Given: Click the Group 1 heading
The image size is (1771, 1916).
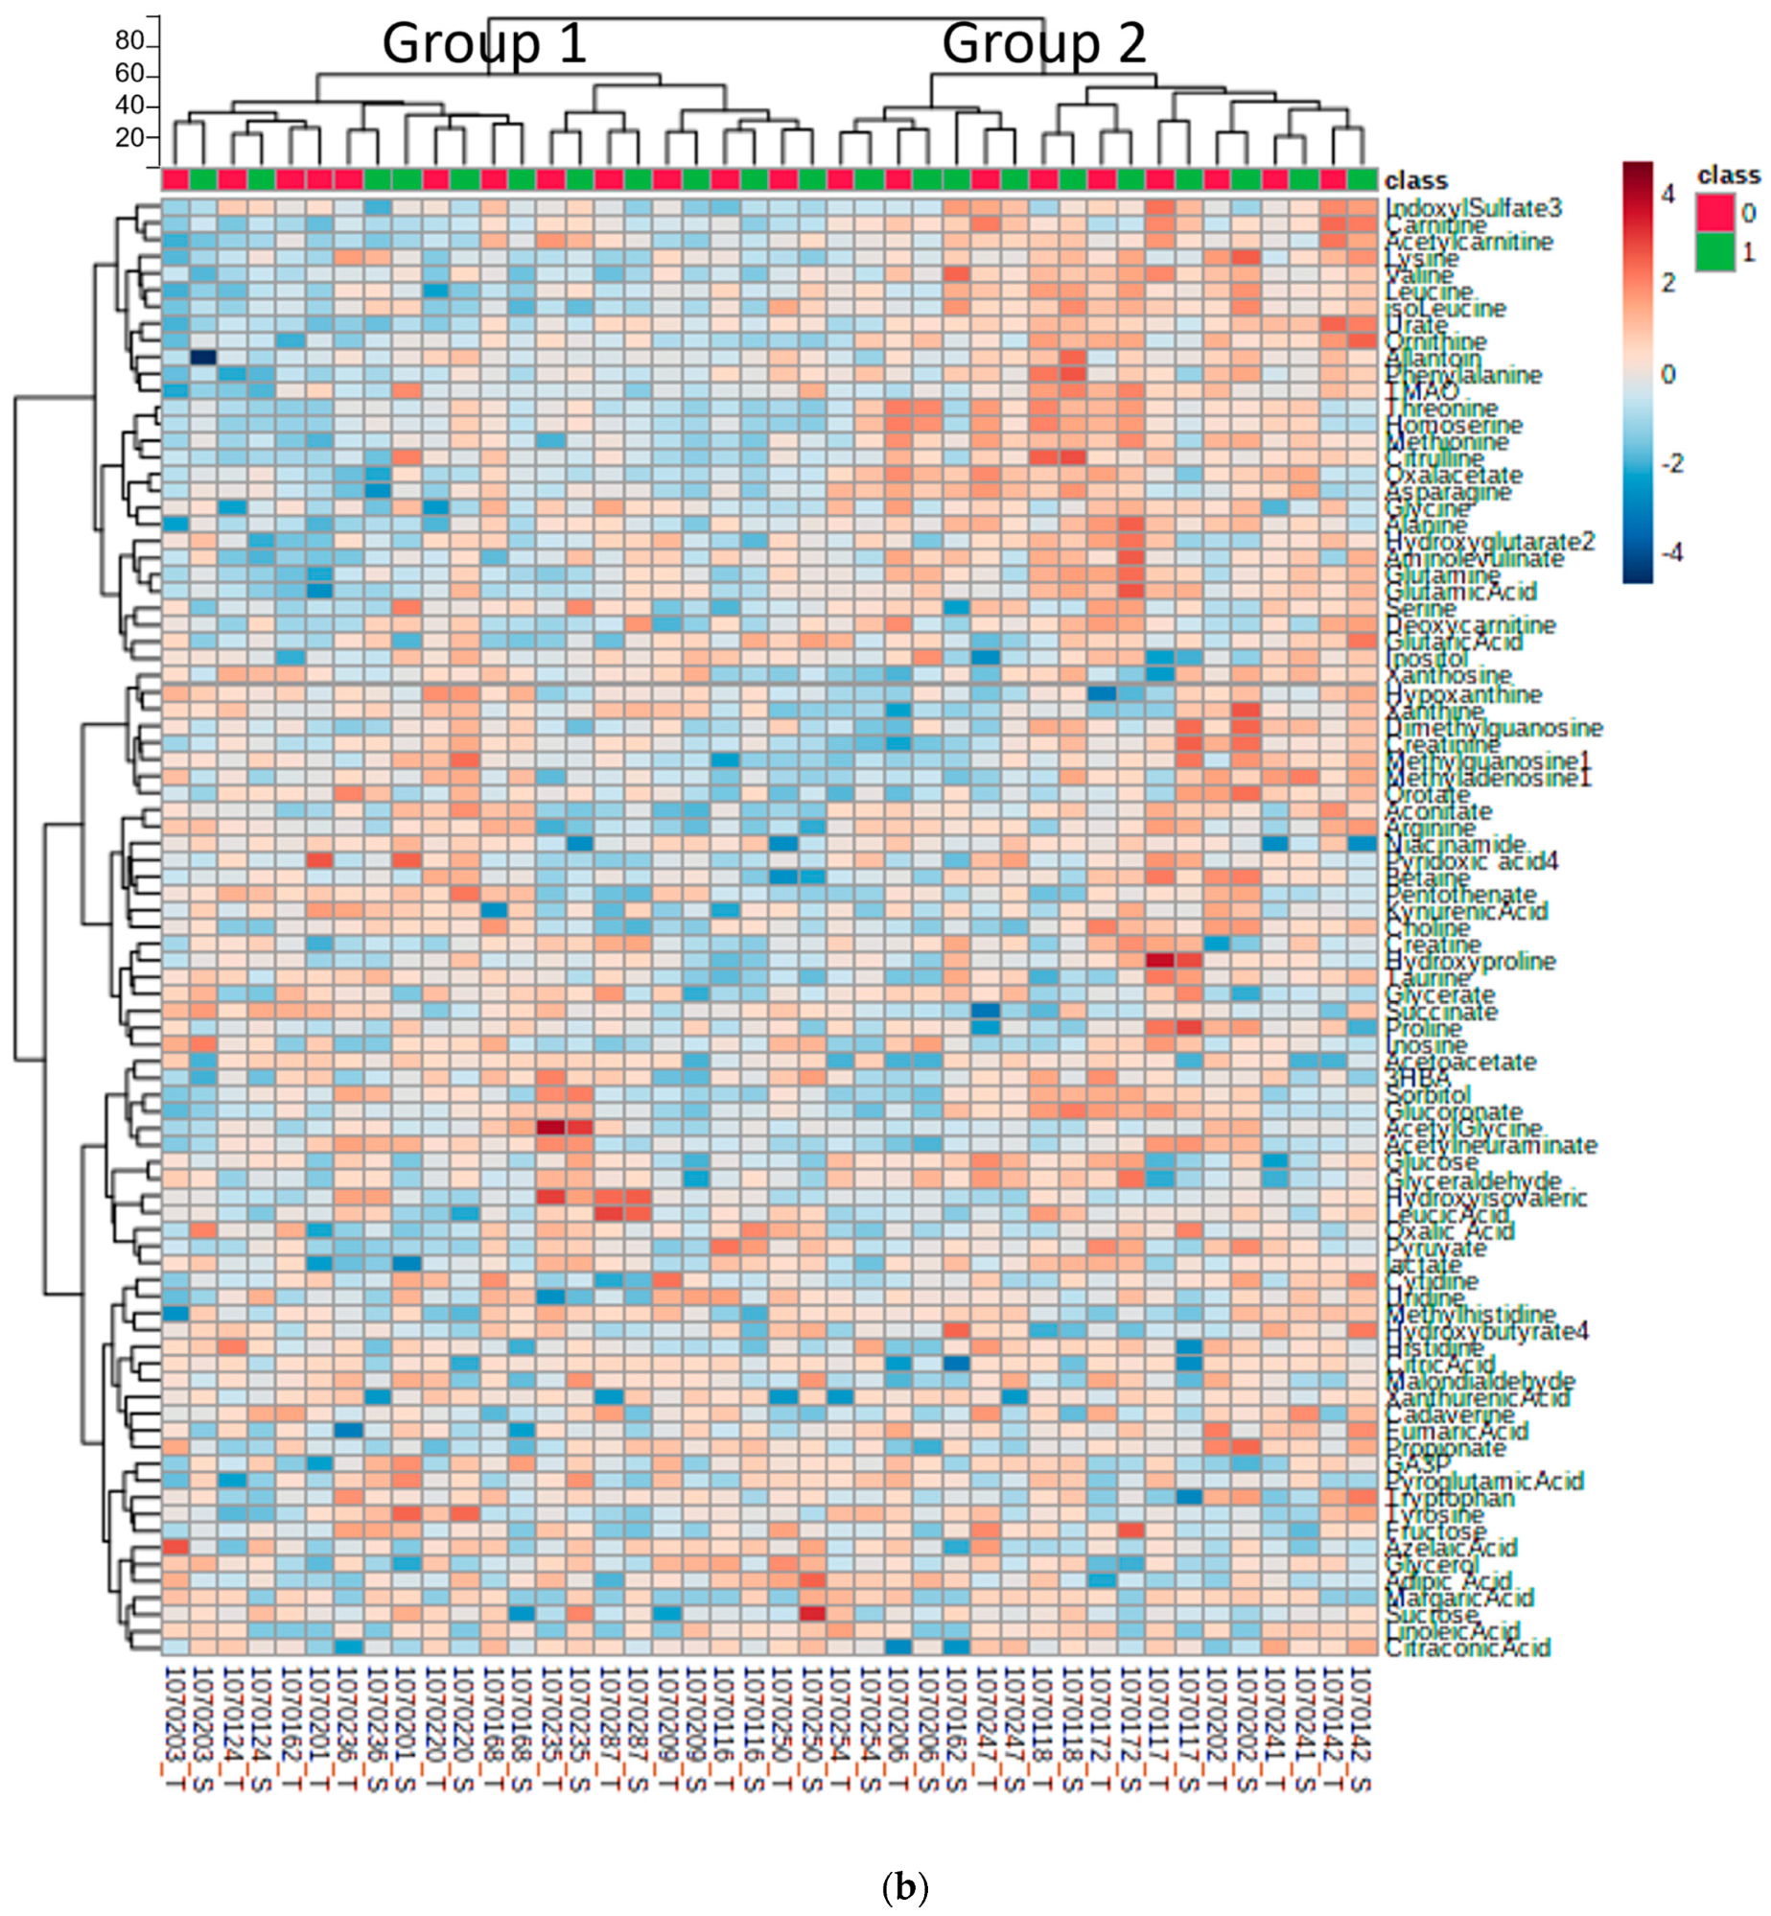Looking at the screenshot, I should tap(484, 44).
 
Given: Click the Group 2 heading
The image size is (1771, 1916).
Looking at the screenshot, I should tap(1043, 44).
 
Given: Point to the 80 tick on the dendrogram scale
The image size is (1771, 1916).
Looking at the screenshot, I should tap(130, 40).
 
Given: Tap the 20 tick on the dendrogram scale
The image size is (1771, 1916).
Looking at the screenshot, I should tap(130, 137).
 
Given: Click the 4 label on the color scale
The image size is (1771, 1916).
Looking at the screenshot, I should tap(1668, 195).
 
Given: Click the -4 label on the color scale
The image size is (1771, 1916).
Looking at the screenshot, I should tap(1672, 552).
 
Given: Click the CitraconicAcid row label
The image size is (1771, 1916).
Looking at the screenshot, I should tap(1466, 1647).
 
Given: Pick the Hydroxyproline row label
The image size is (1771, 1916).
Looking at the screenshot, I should tap(1469, 960).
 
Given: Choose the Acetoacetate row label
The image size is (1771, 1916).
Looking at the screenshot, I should tap(1460, 1062).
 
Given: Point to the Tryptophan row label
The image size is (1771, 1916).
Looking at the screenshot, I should tap(1450, 1498).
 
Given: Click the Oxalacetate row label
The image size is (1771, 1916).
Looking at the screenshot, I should tap(1454, 475).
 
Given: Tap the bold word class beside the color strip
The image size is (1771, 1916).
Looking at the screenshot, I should tap(1416, 180).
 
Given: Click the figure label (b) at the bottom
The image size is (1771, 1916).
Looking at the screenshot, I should tap(903, 1886).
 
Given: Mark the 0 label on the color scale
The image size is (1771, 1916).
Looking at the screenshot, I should tap(1667, 374).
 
